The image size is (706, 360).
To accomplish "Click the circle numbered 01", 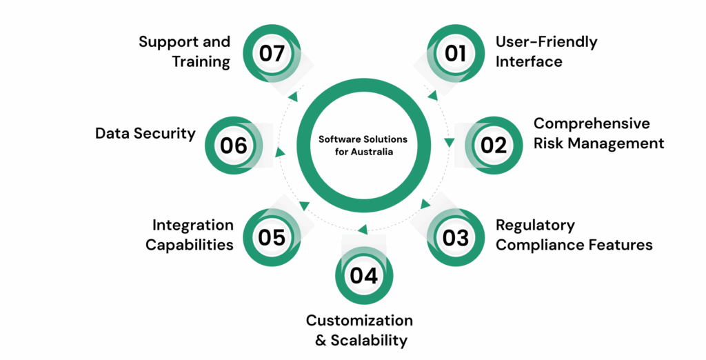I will pyautogui.click(x=456, y=53).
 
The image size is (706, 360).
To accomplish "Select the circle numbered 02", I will pyautogui.click(x=494, y=145).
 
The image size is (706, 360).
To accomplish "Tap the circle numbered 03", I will pyautogui.click(x=456, y=238).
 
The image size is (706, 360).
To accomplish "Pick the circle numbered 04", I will pyautogui.click(x=364, y=275).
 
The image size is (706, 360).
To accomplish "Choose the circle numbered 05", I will pyautogui.click(x=272, y=238).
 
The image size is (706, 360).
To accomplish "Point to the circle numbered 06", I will pyautogui.click(x=234, y=146).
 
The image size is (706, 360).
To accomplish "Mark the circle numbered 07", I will pyautogui.click(x=272, y=53).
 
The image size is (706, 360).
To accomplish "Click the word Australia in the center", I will pyautogui.click(x=371, y=152).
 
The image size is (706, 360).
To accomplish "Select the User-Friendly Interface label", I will pyautogui.click(x=546, y=51).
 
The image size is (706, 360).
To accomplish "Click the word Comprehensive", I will pyautogui.click(x=592, y=123).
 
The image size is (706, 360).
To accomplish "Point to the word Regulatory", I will pyautogui.click(x=535, y=226).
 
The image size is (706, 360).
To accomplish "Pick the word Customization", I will pyautogui.click(x=359, y=320).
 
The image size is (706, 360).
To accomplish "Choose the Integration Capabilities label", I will pyautogui.click(x=190, y=235).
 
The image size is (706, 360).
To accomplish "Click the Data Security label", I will pyautogui.click(x=145, y=133).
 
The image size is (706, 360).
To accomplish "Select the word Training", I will pyautogui.click(x=201, y=61).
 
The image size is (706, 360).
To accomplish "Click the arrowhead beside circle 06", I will pyautogui.click(x=279, y=152).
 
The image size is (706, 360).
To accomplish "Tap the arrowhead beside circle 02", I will pyautogui.click(x=450, y=143).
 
